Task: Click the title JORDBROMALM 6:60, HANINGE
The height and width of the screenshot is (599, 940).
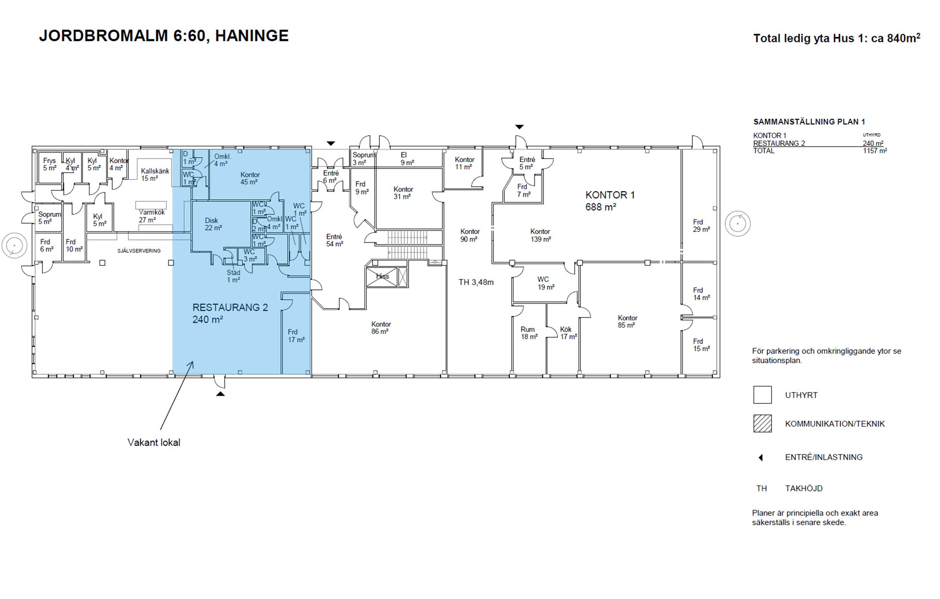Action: click(x=164, y=36)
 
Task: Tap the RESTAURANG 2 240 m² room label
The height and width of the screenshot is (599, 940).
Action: click(x=230, y=313)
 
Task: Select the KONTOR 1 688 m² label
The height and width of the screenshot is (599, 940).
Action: click(x=610, y=201)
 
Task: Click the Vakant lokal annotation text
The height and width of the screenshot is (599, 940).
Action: click(x=154, y=443)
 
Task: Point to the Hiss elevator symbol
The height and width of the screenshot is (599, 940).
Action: click(x=382, y=277)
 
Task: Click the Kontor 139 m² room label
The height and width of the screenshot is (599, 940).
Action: click(x=540, y=235)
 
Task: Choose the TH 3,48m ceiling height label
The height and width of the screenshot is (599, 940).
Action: click(x=476, y=282)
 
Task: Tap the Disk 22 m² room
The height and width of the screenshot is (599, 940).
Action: click(x=213, y=224)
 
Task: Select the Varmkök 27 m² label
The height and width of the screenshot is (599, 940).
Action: click(x=151, y=216)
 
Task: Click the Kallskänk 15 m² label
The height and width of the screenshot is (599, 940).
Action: click(x=155, y=174)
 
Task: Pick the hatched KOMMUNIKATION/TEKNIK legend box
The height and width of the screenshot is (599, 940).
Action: click(x=762, y=424)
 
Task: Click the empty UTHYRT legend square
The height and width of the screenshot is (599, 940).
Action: click(x=762, y=394)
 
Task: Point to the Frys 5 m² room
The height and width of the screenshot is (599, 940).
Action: click(x=50, y=164)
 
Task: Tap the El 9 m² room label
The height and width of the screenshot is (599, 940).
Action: click(x=407, y=159)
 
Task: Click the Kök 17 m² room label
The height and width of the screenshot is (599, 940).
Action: click(x=568, y=333)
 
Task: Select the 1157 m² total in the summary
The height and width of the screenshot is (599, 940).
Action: click(x=875, y=151)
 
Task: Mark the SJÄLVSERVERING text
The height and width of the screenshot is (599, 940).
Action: click(x=139, y=251)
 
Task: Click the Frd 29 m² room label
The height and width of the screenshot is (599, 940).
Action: click(x=701, y=226)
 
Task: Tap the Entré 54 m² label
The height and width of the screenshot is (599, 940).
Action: click(x=334, y=240)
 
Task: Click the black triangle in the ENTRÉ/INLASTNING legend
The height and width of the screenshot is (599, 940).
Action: click(x=760, y=457)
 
